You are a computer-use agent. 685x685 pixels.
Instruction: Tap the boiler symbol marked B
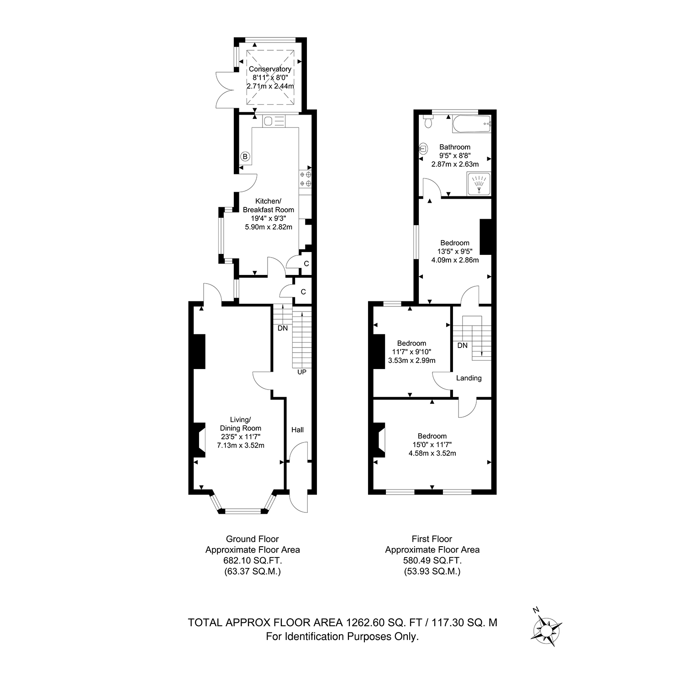(245, 157)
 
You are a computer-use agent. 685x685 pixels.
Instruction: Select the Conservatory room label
(270, 69)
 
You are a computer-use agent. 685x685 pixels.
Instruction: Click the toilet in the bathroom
(428, 121)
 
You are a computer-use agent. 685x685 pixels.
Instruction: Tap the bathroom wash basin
(424, 148)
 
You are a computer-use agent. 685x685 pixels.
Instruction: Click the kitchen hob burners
(306, 179)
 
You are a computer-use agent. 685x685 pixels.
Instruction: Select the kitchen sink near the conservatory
(274, 121)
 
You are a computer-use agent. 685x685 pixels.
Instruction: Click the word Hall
(297, 430)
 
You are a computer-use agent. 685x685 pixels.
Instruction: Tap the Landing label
(469, 378)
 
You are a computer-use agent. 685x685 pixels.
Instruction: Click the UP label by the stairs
(302, 372)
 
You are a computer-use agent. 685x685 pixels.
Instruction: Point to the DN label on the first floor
(463, 346)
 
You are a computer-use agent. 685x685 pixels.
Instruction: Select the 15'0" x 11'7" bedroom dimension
(432, 445)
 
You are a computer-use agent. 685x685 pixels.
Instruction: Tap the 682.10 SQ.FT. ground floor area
(253, 561)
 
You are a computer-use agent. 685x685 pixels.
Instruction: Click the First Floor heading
(432, 539)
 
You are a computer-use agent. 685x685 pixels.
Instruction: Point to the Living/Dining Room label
(241, 424)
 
